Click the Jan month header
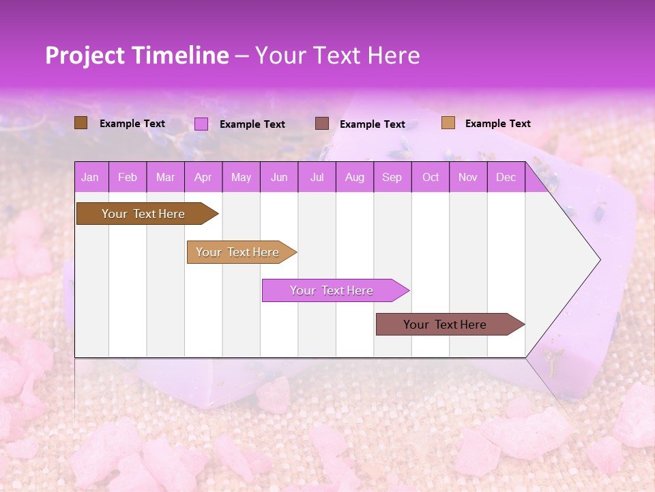pos(90,178)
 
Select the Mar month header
pos(165,178)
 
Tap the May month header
pos(241,178)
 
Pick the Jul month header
pos(317,178)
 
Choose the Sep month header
pos(392,178)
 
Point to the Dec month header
pos(506,178)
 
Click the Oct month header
pos(431,178)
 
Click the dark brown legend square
pos(81,123)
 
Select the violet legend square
pos(201,124)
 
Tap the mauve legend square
pos(322,123)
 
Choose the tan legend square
pos(448,123)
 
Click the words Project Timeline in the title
pos(137,55)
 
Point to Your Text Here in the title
pos(337,55)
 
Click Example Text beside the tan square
pos(497,124)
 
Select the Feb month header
pos(128,178)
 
